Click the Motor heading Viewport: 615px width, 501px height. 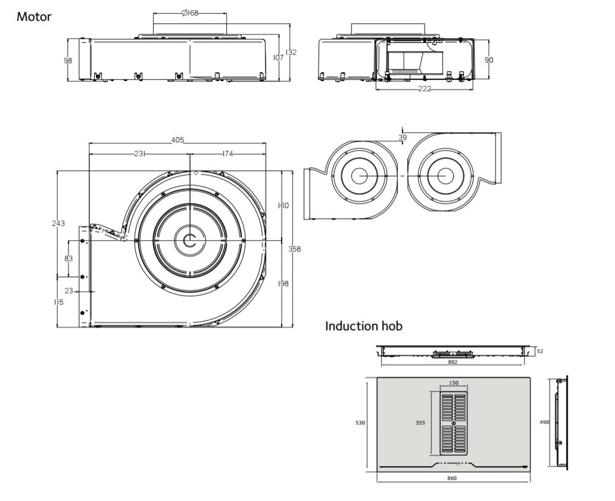coord(34,17)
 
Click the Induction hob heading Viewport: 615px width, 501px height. coord(364,326)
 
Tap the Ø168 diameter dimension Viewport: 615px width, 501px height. coord(190,13)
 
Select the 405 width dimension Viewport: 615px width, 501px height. coord(177,139)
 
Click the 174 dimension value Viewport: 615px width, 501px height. coord(227,154)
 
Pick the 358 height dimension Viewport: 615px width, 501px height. coord(295,249)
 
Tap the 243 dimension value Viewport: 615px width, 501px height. coord(58,223)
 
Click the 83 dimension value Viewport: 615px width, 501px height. coord(68,259)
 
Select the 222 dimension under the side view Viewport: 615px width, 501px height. coord(424,89)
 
